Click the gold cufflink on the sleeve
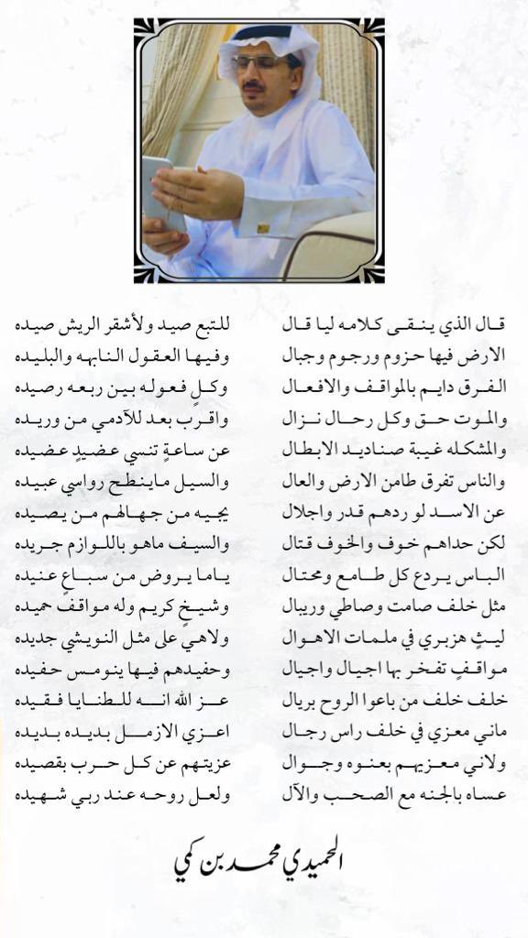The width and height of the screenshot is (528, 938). point(263,227)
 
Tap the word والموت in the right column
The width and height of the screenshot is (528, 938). point(482,418)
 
